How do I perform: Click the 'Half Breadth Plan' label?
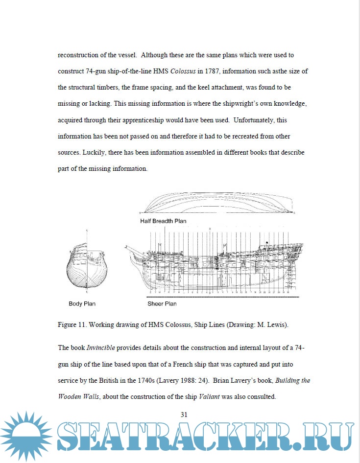(163, 221)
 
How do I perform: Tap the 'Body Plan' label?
(82, 304)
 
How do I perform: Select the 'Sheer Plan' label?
(162, 304)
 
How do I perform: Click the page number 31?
(184, 415)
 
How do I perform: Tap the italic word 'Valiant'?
(210, 396)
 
